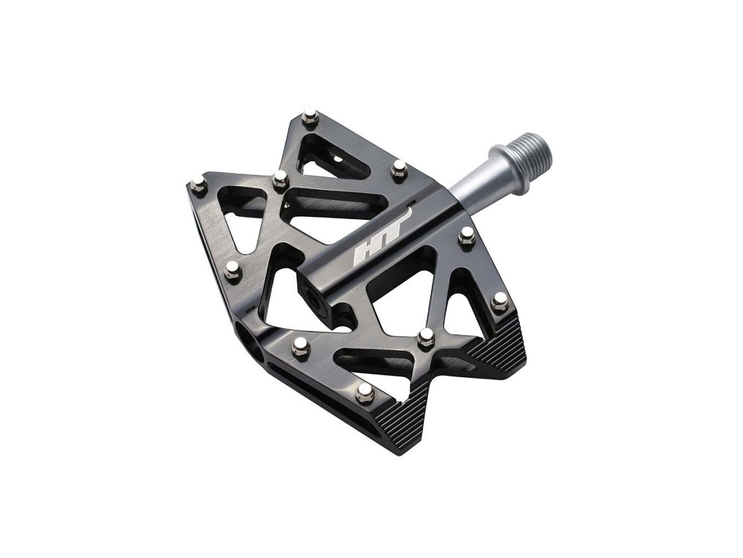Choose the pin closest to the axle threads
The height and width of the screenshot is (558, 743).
398,168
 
